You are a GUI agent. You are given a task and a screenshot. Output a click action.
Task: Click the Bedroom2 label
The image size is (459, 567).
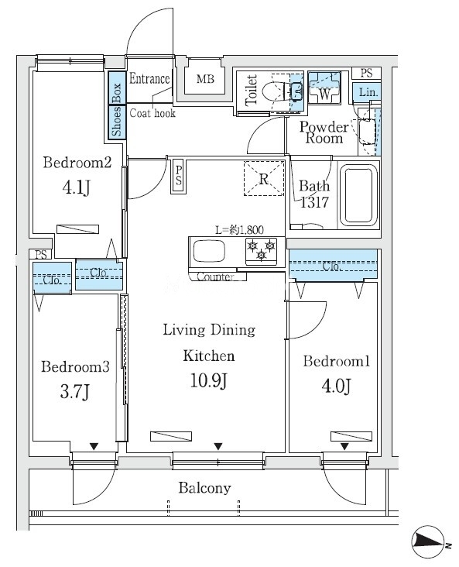77,163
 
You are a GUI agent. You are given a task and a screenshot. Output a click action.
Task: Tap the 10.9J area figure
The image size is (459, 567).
209,381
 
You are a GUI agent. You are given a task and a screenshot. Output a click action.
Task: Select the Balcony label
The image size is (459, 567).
204,488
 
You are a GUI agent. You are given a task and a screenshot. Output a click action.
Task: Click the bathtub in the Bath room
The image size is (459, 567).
358,194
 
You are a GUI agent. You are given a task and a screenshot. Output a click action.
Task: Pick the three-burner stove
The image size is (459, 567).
261,250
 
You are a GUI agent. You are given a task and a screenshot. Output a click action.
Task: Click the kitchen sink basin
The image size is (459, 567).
209,251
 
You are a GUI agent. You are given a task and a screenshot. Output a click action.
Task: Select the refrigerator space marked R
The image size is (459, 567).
264,178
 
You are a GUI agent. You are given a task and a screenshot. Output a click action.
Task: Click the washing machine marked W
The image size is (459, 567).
324,88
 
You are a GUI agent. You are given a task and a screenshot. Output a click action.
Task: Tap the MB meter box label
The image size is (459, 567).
205,78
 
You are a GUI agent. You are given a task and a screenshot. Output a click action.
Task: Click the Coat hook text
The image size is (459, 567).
152,113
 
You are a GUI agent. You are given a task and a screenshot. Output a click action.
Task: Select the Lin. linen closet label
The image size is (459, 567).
368,92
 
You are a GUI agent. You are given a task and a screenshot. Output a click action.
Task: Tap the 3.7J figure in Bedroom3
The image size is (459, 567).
75,392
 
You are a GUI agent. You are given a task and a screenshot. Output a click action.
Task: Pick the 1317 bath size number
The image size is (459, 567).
314,202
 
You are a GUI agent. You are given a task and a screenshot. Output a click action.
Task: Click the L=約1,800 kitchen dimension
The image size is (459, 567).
239,230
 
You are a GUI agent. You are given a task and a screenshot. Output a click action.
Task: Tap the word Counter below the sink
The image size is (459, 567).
215,277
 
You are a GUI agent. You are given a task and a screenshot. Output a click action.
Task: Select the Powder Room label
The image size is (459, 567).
324,132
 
